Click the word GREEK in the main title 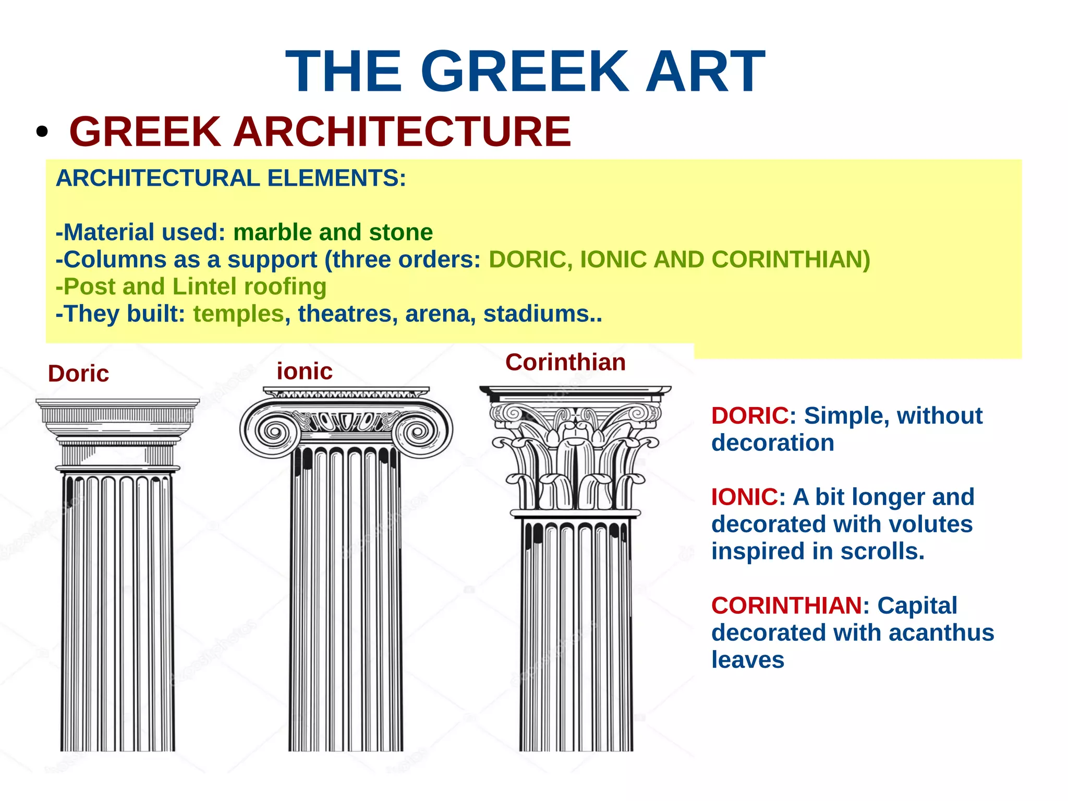point(525,71)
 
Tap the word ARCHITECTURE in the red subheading point(402,131)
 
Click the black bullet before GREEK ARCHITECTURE point(42,132)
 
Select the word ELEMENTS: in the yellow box point(336,178)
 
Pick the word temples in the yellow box point(238,314)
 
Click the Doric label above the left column point(78,374)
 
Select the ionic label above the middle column point(305,372)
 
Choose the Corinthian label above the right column point(565,362)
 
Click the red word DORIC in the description point(750,416)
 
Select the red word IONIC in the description point(744,497)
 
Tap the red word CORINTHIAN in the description point(786,606)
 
